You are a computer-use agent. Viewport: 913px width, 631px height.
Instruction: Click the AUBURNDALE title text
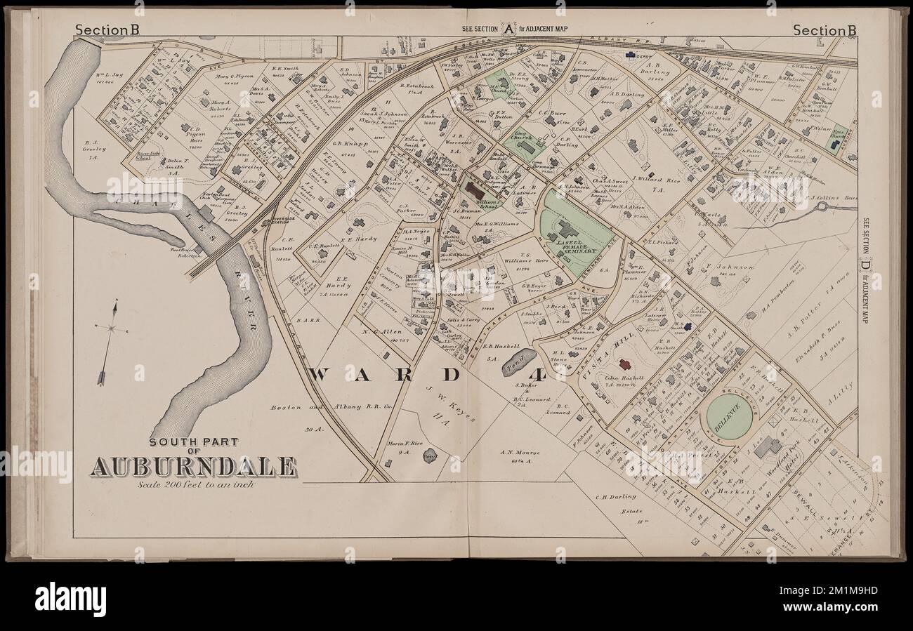point(192,466)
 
